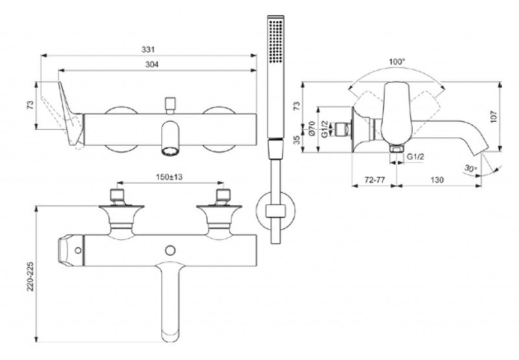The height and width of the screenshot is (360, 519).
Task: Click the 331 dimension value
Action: (149, 49)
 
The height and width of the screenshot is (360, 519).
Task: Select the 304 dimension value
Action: (152, 64)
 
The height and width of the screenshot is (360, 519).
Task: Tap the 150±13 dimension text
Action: (169, 177)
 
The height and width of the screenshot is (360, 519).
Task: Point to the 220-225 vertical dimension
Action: (30, 277)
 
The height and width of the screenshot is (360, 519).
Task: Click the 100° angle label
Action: (397, 61)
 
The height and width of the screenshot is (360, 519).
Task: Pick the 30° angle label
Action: (470, 168)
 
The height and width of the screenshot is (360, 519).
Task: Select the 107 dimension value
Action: (494, 117)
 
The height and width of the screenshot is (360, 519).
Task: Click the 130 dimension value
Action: (437, 180)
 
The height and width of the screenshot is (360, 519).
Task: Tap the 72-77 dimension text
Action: (375, 180)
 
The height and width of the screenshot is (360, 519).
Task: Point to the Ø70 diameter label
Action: (311, 128)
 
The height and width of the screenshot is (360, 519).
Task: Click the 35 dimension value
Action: (297, 139)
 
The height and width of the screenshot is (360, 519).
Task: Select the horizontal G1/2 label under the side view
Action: (415, 156)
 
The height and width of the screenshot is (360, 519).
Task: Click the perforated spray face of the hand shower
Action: (276, 42)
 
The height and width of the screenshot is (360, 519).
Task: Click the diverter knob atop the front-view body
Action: (170, 105)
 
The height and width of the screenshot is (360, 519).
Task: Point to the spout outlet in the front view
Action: (170, 152)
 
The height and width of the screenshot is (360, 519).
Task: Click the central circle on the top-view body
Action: (170, 250)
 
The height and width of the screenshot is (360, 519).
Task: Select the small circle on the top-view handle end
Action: (78, 250)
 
